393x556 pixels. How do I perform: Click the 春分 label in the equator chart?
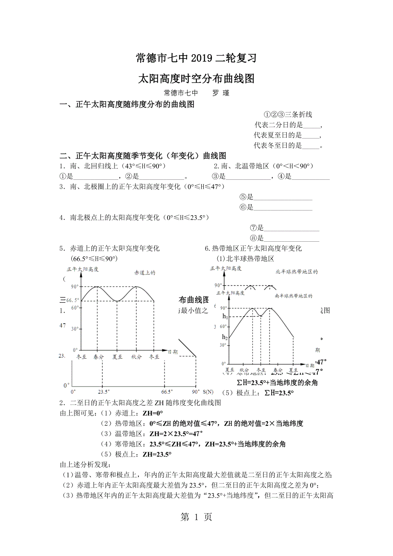(x=99, y=357)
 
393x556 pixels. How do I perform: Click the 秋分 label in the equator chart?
(x=136, y=357)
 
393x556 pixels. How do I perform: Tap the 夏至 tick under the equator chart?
(x=117, y=357)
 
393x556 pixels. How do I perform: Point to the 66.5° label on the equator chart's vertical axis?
(x=73, y=300)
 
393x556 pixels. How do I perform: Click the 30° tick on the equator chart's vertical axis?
(x=74, y=329)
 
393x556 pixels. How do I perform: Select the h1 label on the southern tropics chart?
(x=225, y=316)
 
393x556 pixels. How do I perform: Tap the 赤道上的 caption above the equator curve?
(x=144, y=272)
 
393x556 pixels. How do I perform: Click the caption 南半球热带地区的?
(x=294, y=296)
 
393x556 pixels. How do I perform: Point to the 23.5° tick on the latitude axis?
(x=103, y=391)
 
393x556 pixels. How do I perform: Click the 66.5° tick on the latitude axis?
(x=167, y=391)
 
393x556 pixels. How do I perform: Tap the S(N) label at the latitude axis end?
(x=208, y=391)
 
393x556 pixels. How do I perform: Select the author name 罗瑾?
(x=221, y=93)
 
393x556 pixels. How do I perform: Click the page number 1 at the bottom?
(x=196, y=517)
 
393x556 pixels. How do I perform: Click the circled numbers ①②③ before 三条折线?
(x=274, y=114)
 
